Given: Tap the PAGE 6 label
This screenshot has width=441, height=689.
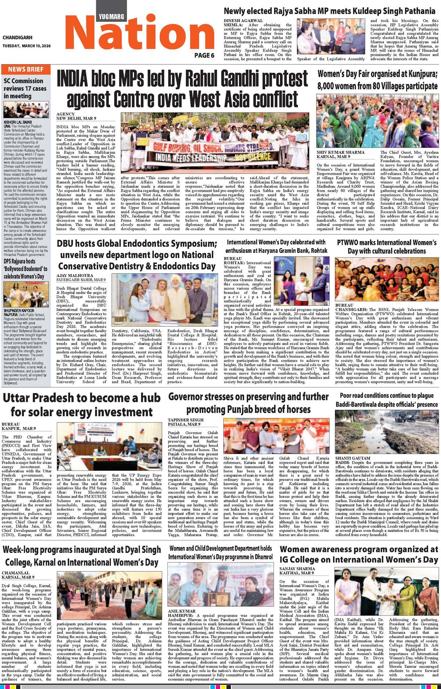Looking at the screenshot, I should click(204, 56).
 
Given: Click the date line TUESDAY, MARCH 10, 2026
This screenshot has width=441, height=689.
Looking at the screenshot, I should click(26, 46).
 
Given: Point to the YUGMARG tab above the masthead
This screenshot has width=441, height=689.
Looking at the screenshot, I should click(111, 16).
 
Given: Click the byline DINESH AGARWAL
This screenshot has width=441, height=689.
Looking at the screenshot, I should click(243, 21).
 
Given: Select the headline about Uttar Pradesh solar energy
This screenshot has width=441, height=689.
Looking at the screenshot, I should click(82, 404).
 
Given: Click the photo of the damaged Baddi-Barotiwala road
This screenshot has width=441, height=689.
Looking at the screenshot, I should click(386, 432).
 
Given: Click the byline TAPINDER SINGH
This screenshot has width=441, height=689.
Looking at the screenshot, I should click(185, 420).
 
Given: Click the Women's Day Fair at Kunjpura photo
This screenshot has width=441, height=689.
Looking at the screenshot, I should click(377, 121).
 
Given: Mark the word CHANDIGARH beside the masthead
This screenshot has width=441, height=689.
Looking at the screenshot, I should click(17, 38).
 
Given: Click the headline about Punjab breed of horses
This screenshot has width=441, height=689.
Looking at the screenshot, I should click(249, 403).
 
